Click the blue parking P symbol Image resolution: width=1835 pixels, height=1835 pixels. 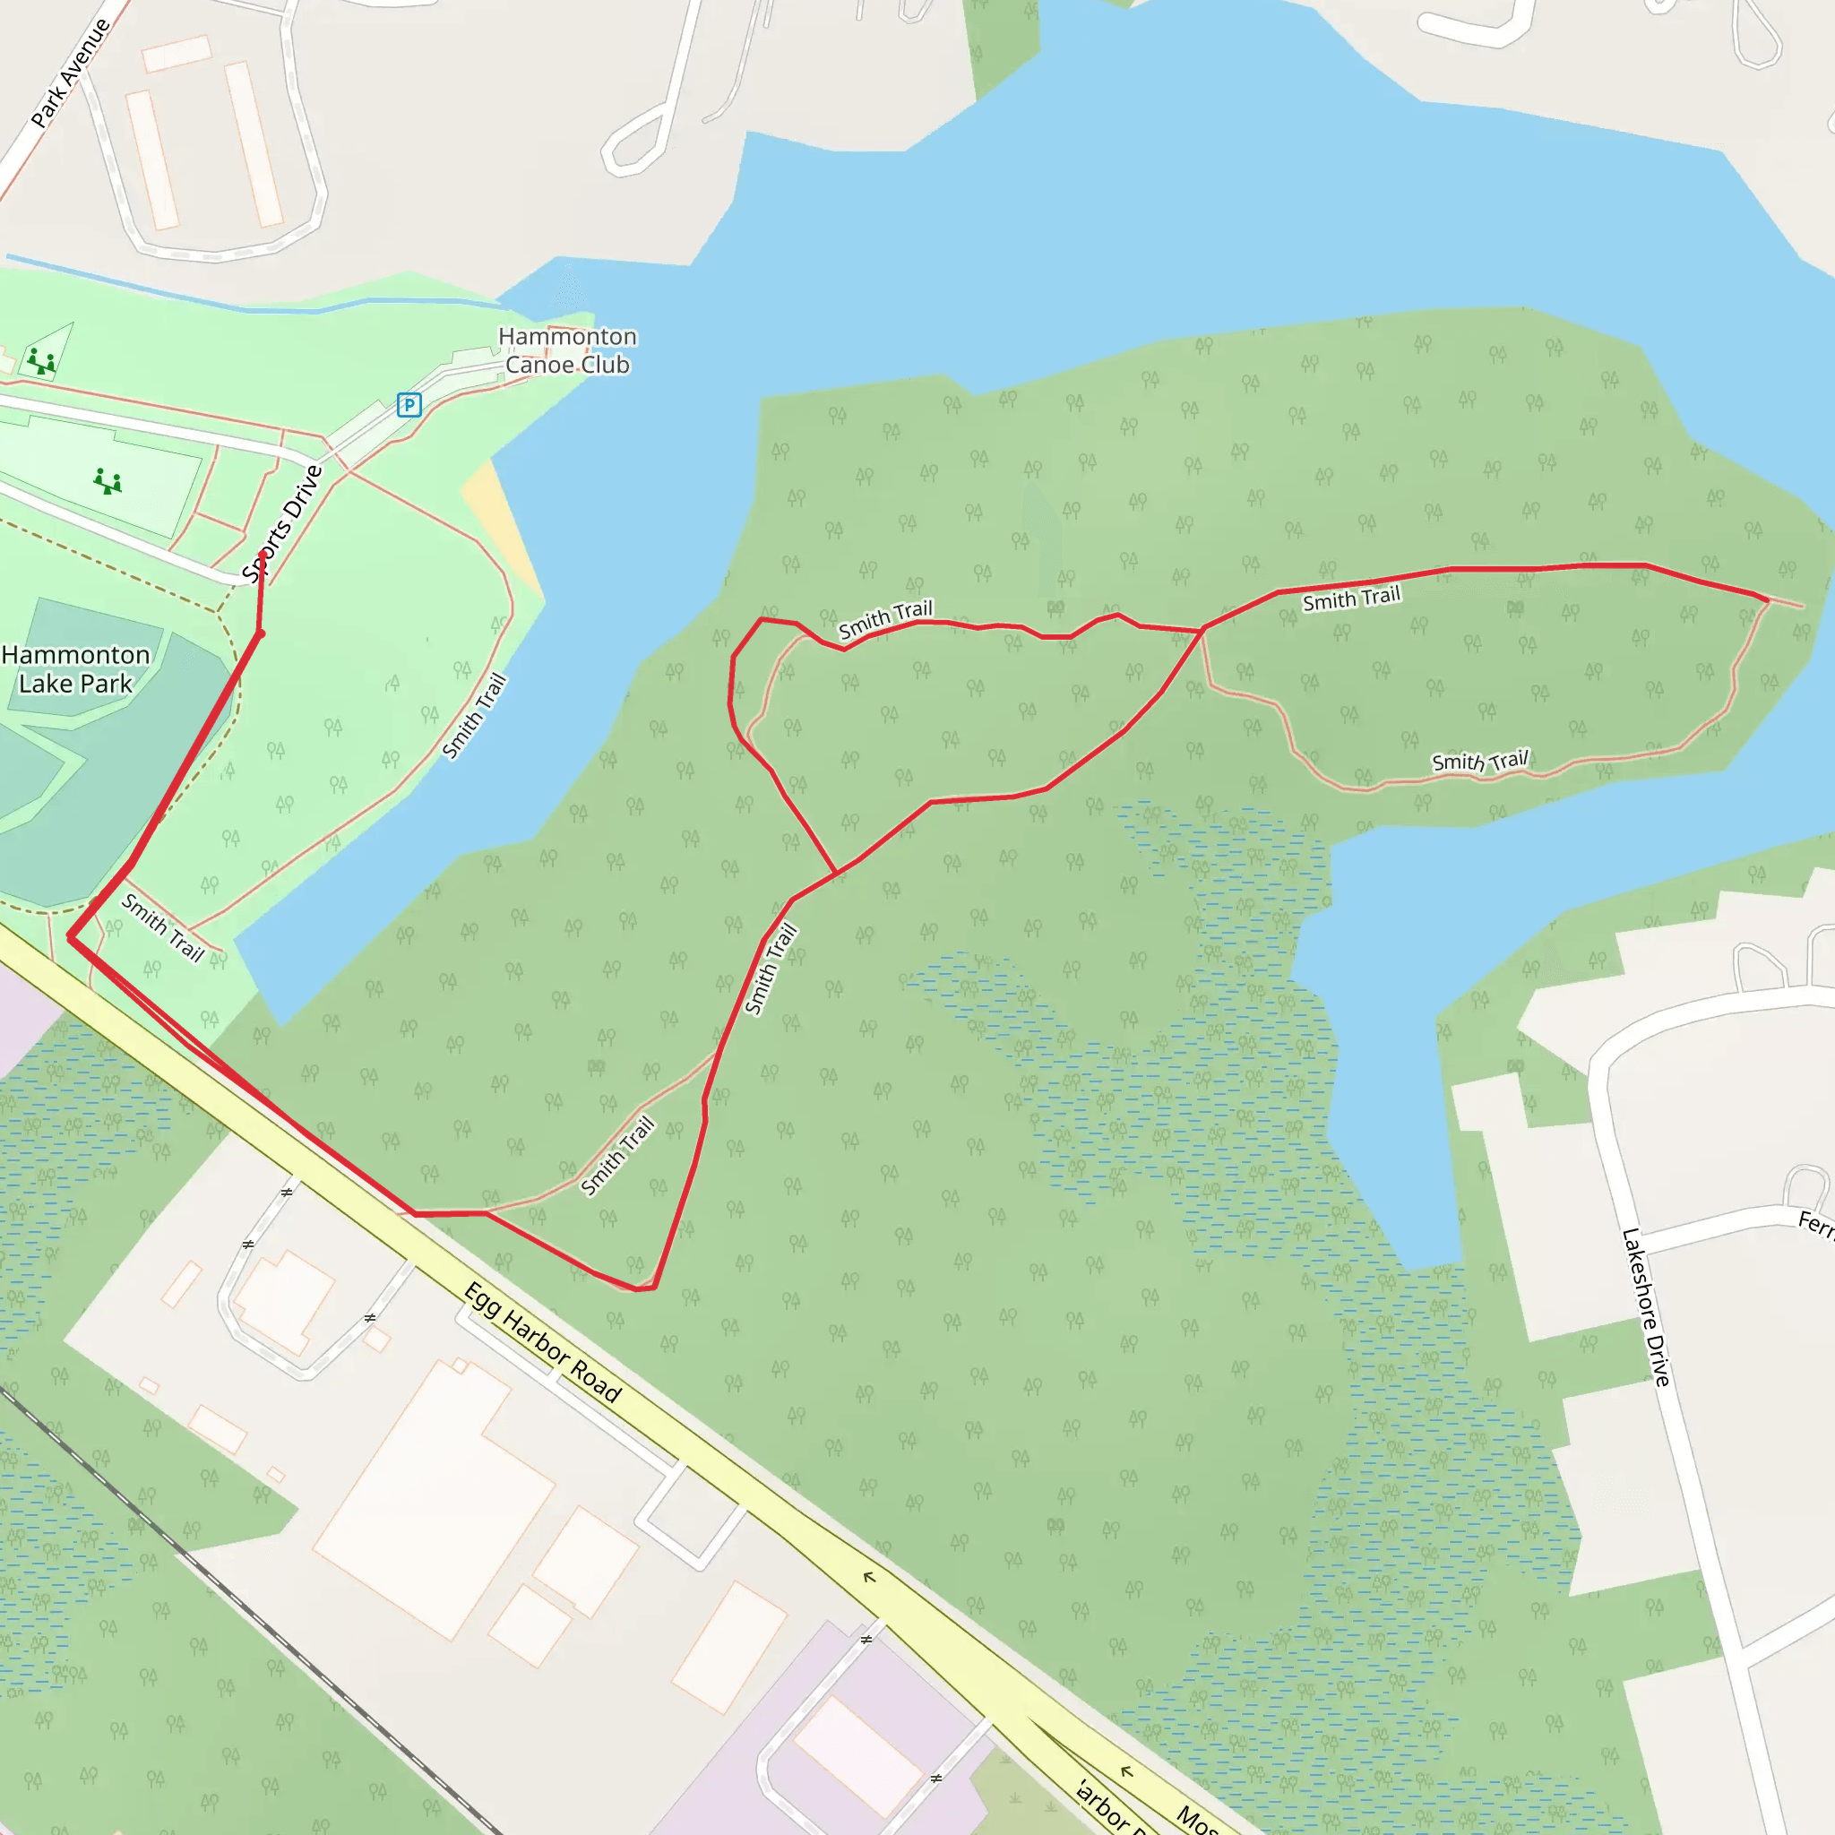(409, 406)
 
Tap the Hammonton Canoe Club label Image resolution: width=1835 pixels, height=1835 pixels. (567, 350)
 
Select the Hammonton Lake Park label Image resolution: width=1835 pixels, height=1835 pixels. (76, 668)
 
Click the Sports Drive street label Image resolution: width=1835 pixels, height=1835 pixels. (282, 523)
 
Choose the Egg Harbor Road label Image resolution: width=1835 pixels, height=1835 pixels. (542, 1342)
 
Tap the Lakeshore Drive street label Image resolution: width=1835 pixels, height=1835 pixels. (1646, 1307)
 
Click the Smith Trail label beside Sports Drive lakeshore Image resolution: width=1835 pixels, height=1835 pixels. (475, 716)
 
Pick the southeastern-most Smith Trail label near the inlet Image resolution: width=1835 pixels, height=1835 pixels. (1480, 761)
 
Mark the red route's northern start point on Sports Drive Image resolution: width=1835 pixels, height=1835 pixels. (263, 554)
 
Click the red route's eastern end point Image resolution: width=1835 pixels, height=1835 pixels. (1767, 600)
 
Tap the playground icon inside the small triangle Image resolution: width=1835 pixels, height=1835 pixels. (41, 362)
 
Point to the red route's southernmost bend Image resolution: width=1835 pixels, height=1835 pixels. (643, 1288)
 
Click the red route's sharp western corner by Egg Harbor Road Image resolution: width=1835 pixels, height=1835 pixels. (69, 937)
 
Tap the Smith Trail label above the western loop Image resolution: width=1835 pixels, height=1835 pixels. (885, 619)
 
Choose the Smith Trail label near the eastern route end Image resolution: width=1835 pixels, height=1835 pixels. (1350, 599)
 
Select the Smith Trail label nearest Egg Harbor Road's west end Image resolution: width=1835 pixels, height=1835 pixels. (162, 927)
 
